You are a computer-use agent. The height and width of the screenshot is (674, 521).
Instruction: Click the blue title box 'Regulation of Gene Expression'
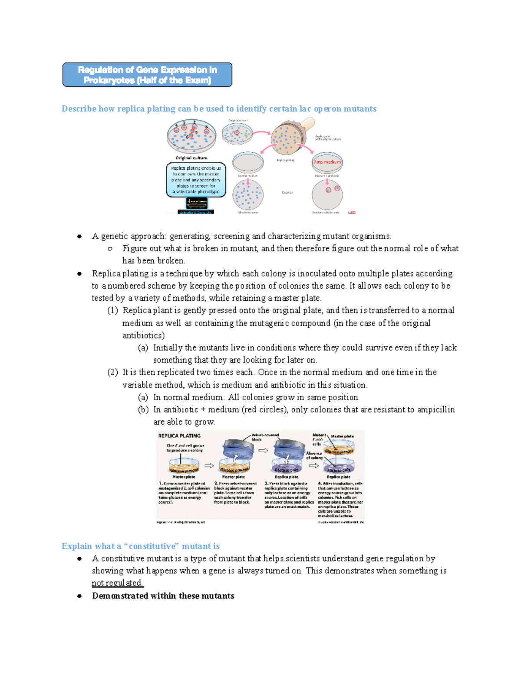(147, 75)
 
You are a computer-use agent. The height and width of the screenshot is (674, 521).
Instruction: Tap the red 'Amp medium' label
(327, 162)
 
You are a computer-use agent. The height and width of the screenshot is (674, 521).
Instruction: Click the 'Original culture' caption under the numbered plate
(191, 158)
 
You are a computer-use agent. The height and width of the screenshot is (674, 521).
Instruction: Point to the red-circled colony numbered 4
(176, 129)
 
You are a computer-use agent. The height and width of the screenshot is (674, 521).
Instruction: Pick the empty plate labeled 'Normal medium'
(248, 163)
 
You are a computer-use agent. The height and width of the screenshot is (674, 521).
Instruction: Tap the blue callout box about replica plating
(196, 180)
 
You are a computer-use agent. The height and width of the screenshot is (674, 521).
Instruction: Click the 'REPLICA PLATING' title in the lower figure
(179, 436)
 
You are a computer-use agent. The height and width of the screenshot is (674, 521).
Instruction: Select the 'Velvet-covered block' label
(265, 437)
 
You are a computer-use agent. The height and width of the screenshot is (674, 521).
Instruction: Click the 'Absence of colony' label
(314, 455)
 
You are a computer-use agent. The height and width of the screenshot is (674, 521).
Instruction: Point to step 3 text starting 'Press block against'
(287, 495)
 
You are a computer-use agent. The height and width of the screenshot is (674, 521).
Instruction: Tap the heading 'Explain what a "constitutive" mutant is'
(140, 546)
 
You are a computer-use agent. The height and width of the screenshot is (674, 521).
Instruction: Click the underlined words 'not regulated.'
(117, 583)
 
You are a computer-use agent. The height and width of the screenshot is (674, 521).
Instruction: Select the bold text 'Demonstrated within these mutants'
(163, 596)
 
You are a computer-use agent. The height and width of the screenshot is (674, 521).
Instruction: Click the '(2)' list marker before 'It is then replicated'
(112, 372)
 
